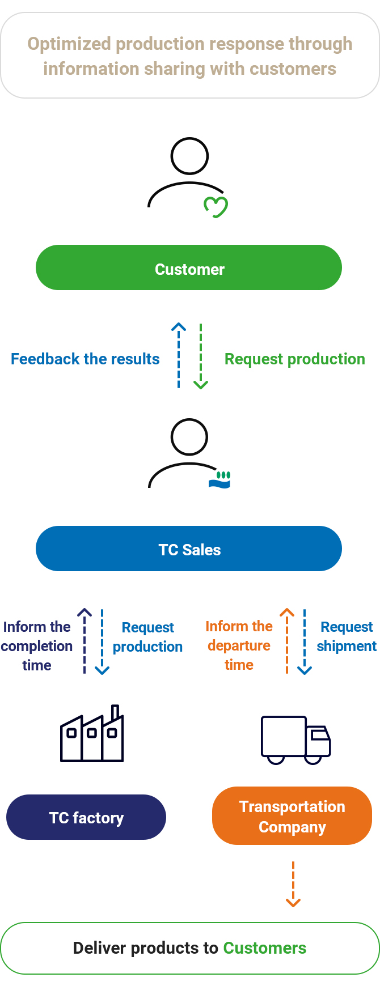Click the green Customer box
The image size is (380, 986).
tap(189, 267)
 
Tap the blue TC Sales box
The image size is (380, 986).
tap(189, 549)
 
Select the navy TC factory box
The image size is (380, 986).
tap(86, 817)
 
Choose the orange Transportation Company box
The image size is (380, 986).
tap(292, 816)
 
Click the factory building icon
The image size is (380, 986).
tap(92, 734)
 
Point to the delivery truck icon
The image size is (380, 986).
tap(295, 740)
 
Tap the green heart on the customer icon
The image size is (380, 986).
tap(216, 207)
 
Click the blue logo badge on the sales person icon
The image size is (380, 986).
tap(219, 480)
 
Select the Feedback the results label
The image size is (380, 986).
tap(85, 359)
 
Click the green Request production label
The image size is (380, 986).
tap(295, 359)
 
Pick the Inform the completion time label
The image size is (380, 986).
tap(37, 646)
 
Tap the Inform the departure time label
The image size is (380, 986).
tap(239, 645)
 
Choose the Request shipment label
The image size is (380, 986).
tap(347, 636)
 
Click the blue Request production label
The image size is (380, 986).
tap(147, 637)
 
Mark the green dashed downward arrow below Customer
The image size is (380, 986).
tap(201, 356)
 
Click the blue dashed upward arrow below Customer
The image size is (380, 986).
tap(179, 355)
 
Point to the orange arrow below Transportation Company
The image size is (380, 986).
tap(293, 884)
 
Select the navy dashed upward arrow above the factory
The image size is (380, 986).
tap(85, 641)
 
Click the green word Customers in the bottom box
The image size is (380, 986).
tap(265, 948)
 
